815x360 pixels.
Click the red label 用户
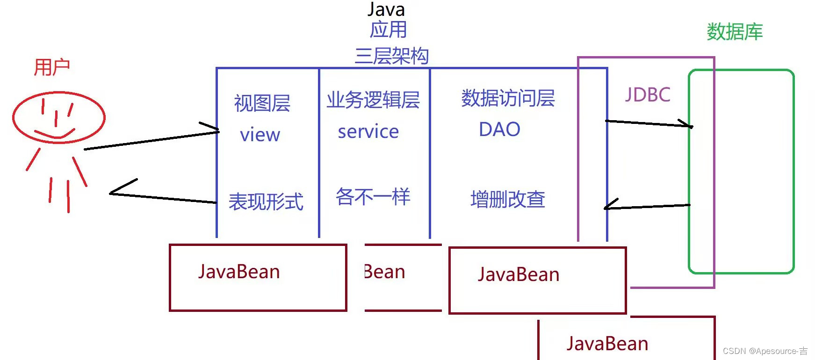pyautogui.click(x=52, y=68)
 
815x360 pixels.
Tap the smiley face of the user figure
pyautogui.click(x=59, y=117)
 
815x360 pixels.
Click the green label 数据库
pyautogui.click(x=735, y=32)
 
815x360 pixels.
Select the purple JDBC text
pyautogui.click(x=648, y=95)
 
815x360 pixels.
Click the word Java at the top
pyautogui.click(x=386, y=9)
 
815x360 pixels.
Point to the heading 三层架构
pyautogui.click(x=392, y=56)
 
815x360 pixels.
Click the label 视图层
pyautogui.click(x=262, y=103)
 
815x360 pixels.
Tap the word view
pyautogui.click(x=260, y=135)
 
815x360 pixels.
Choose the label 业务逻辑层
pyautogui.click(x=373, y=100)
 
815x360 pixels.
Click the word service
pyautogui.click(x=368, y=132)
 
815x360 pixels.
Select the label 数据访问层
pyautogui.click(x=508, y=98)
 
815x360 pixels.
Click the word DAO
pyautogui.click(x=499, y=130)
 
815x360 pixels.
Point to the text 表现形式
pyautogui.click(x=266, y=202)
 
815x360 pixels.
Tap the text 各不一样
pyautogui.click(x=373, y=197)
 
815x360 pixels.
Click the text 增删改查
pyautogui.click(x=508, y=199)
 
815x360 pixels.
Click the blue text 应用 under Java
pyautogui.click(x=389, y=30)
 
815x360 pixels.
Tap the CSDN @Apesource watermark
pyautogui.click(x=765, y=351)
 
